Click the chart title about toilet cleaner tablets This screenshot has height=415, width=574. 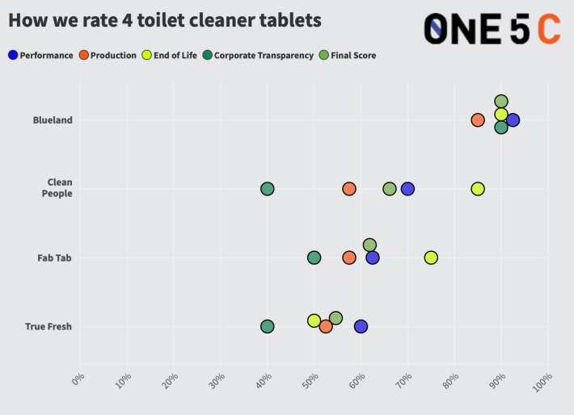pyautogui.click(x=164, y=20)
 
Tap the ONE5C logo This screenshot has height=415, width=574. pyautogui.click(x=492, y=28)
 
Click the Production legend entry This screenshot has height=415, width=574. pyautogui.click(x=108, y=55)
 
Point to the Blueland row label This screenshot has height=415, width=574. pyautogui.click(x=53, y=120)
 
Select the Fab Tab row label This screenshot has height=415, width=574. pyautogui.click(x=55, y=258)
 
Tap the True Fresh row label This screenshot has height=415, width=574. pyautogui.click(x=49, y=326)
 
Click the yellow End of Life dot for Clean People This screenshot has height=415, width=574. pyautogui.click(x=478, y=189)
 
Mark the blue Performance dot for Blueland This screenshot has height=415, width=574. pyautogui.click(x=513, y=120)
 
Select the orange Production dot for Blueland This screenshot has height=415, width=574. pyautogui.click(x=478, y=120)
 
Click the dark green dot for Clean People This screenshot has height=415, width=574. pyautogui.click(x=267, y=189)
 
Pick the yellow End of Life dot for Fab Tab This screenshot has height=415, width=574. pyautogui.click(x=431, y=258)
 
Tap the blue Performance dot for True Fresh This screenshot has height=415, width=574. pyautogui.click(x=361, y=326)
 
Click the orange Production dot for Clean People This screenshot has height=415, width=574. pyautogui.click(x=349, y=189)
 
